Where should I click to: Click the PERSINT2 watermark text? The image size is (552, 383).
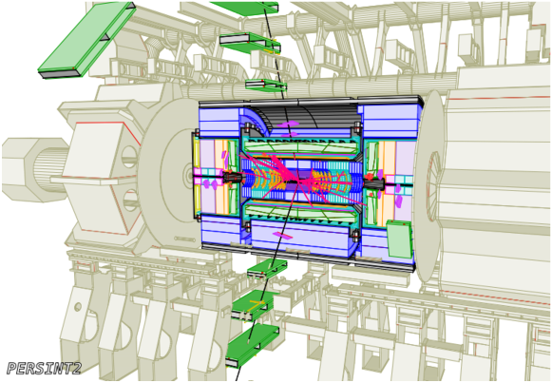point(44,368)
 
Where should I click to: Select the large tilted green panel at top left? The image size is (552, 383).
point(87,41)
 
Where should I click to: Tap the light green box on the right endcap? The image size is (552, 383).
point(399,239)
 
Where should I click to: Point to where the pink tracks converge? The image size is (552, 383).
point(296,181)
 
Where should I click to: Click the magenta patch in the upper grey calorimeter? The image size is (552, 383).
point(288,124)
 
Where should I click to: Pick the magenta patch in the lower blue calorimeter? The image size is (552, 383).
point(282,235)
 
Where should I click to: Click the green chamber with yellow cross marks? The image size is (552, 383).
point(253,306)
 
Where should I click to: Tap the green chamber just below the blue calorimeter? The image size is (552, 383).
point(266,268)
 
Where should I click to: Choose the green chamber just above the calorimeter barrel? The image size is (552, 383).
point(266,85)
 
